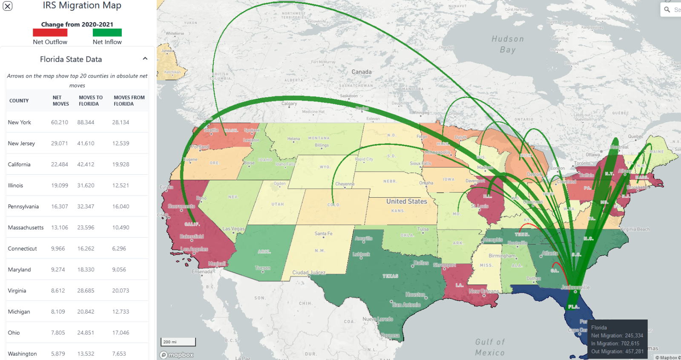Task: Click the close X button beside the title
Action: coord(8,6)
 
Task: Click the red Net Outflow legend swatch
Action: coord(50,32)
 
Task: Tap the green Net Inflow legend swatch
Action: coord(107,32)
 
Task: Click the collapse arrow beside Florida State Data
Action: coord(145,59)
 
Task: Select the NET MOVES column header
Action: coord(60,101)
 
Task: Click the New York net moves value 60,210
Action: coord(60,122)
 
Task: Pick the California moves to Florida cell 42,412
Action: coord(86,164)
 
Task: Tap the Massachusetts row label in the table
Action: coord(26,228)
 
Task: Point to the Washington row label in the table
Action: coord(22,354)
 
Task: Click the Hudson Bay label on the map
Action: coord(508,44)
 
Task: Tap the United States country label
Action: coord(406,202)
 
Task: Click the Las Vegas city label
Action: coord(233,229)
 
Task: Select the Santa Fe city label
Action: coord(323,233)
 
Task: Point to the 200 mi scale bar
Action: coord(178,342)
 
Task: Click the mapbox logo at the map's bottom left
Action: coord(176,355)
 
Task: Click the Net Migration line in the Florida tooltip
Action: coord(617,336)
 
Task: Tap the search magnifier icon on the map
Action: coord(667,9)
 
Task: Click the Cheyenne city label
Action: coord(345,184)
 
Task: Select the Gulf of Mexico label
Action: coord(490,347)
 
